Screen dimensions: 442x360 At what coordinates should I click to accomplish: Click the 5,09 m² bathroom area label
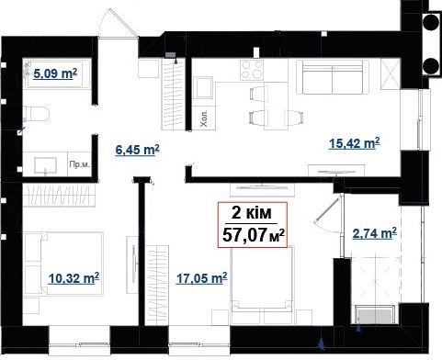pyautogui.click(x=55, y=73)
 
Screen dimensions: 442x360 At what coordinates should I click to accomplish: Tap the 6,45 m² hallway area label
pyautogui.click(x=137, y=150)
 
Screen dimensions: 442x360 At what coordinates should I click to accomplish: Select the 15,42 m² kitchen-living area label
pyautogui.click(x=355, y=143)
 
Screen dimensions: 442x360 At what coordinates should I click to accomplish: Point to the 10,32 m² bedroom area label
pyautogui.click(x=74, y=278)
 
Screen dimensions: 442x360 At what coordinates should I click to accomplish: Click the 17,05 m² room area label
pyautogui.click(x=202, y=278)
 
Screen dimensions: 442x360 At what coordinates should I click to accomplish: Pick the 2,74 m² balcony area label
pyautogui.click(x=375, y=233)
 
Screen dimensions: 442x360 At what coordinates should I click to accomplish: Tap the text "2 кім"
pyautogui.click(x=252, y=213)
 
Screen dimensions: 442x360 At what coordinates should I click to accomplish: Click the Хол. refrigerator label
pyautogui.click(x=204, y=118)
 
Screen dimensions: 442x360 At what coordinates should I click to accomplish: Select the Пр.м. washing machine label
pyautogui.click(x=80, y=165)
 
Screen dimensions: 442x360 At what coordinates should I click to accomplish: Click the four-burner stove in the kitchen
pyautogui.click(x=252, y=70)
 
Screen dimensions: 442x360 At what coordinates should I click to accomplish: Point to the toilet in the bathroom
pyautogui.click(x=36, y=114)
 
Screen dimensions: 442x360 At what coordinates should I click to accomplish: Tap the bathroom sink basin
pyautogui.click(x=45, y=165)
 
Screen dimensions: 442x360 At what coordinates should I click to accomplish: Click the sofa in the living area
pyautogui.click(x=333, y=77)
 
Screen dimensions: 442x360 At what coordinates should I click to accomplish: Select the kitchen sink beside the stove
pyautogui.click(x=203, y=87)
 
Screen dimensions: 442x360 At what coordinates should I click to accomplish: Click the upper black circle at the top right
pyautogui.click(x=431, y=21)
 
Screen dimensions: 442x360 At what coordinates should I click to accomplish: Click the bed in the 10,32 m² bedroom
pyautogui.click(x=63, y=264)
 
